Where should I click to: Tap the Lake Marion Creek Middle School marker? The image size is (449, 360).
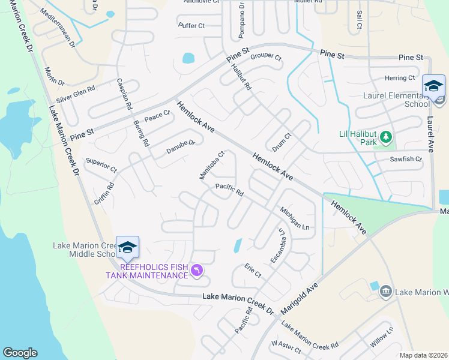click(127, 247)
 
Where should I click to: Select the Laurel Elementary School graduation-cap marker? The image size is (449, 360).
click(433, 86)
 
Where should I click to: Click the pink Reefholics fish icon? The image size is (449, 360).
click(196, 271)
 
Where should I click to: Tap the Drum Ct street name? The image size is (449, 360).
click(281, 144)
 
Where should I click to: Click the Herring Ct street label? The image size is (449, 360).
click(400, 78)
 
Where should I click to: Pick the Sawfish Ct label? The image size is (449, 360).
click(406, 160)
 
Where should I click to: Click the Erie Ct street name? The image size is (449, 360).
click(253, 270)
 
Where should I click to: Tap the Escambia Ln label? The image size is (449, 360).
click(277, 245)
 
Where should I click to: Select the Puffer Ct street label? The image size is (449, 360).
click(191, 26)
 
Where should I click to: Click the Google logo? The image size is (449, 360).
click(20, 353)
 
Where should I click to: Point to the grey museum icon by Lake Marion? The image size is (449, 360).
click(386, 292)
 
